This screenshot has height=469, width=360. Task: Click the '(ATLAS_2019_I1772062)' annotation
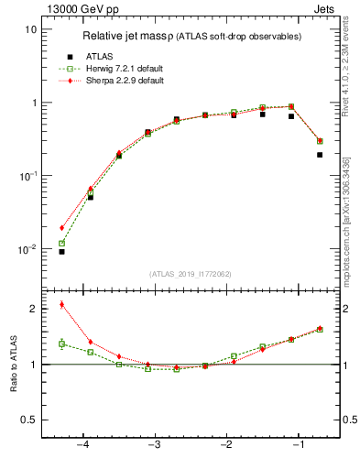click(191, 274)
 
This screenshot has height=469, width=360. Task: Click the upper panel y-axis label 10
click(30, 29)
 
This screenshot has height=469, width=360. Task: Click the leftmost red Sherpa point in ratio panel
click(61, 304)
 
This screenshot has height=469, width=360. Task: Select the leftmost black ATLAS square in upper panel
click(61, 251)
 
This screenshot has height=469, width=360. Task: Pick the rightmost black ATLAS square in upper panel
click(320, 155)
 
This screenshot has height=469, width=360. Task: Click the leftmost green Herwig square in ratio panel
click(61, 344)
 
